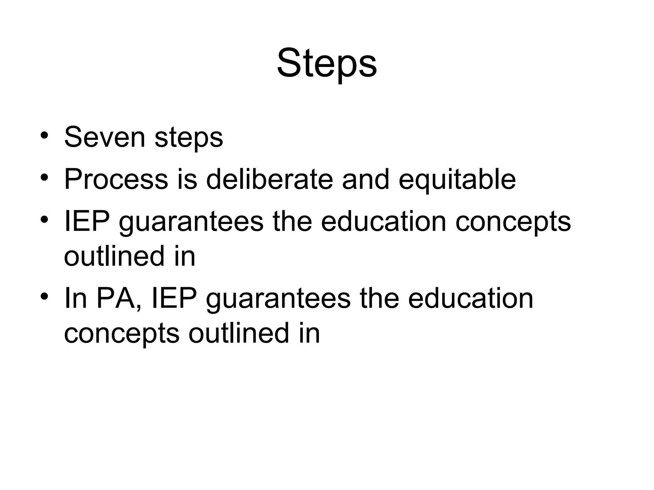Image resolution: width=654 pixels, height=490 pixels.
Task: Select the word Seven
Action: (x=104, y=137)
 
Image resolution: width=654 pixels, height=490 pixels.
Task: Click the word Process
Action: (x=116, y=179)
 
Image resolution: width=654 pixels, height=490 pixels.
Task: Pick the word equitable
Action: (x=457, y=180)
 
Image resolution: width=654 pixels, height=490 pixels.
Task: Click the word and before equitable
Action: (x=366, y=179)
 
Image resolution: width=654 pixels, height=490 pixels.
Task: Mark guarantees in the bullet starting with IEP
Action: (x=191, y=222)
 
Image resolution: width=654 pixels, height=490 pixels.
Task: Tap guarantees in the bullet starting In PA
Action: (x=278, y=299)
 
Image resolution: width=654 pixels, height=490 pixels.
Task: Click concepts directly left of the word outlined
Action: (x=122, y=334)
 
